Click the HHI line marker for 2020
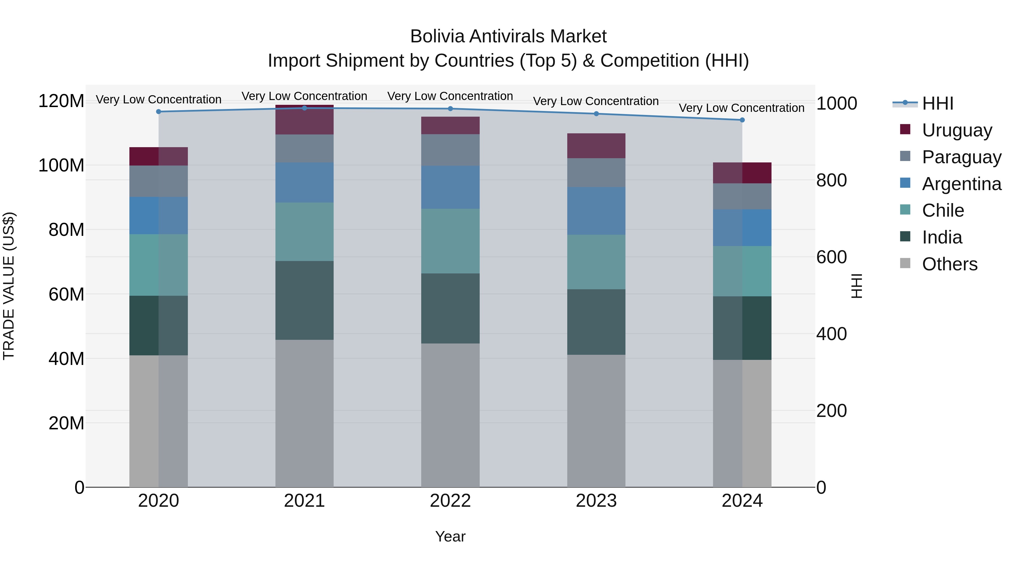coord(159,112)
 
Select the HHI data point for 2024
coord(742,120)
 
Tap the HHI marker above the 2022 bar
coord(451,108)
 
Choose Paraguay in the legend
coord(961,157)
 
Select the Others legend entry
coord(949,264)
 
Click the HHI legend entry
coord(938,103)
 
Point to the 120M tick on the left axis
coord(61,101)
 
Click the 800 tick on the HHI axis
coord(831,180)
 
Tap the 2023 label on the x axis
coord(596,501)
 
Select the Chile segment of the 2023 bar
coord(596,262)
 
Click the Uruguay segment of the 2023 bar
coord(596,146)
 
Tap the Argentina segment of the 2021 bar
coord(304,182)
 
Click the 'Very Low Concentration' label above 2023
coord(596,101)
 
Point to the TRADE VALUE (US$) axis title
coord(9,286)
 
